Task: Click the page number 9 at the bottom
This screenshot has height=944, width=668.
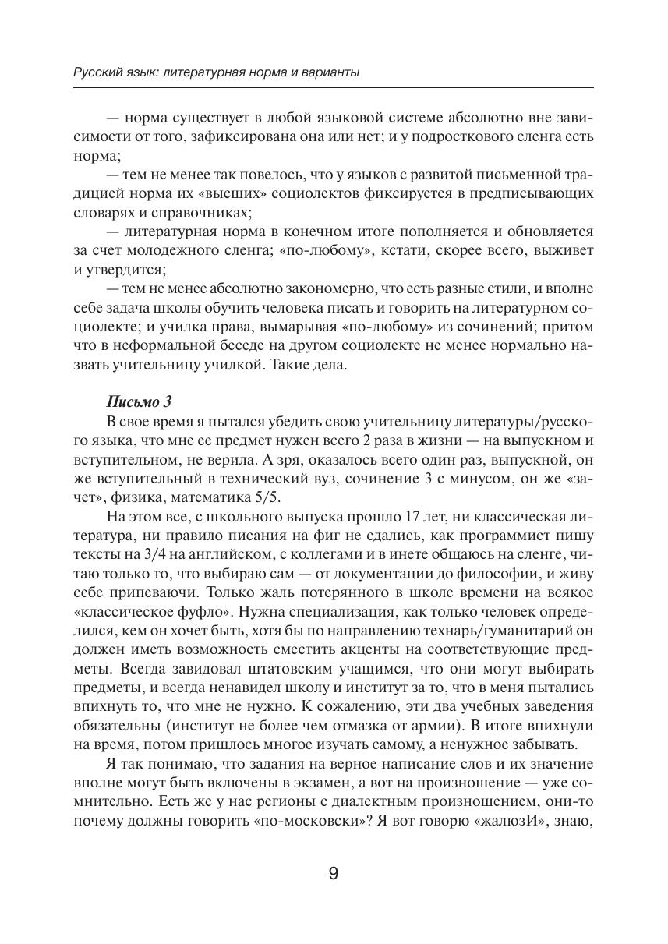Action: [x=334, y=873]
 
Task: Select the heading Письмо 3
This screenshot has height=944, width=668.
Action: [x=138, y=402]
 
